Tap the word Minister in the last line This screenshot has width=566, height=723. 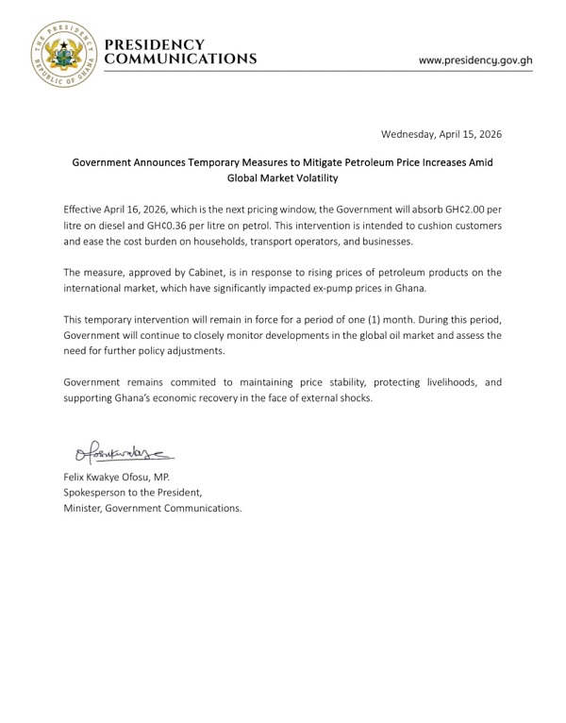(86, 508)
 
